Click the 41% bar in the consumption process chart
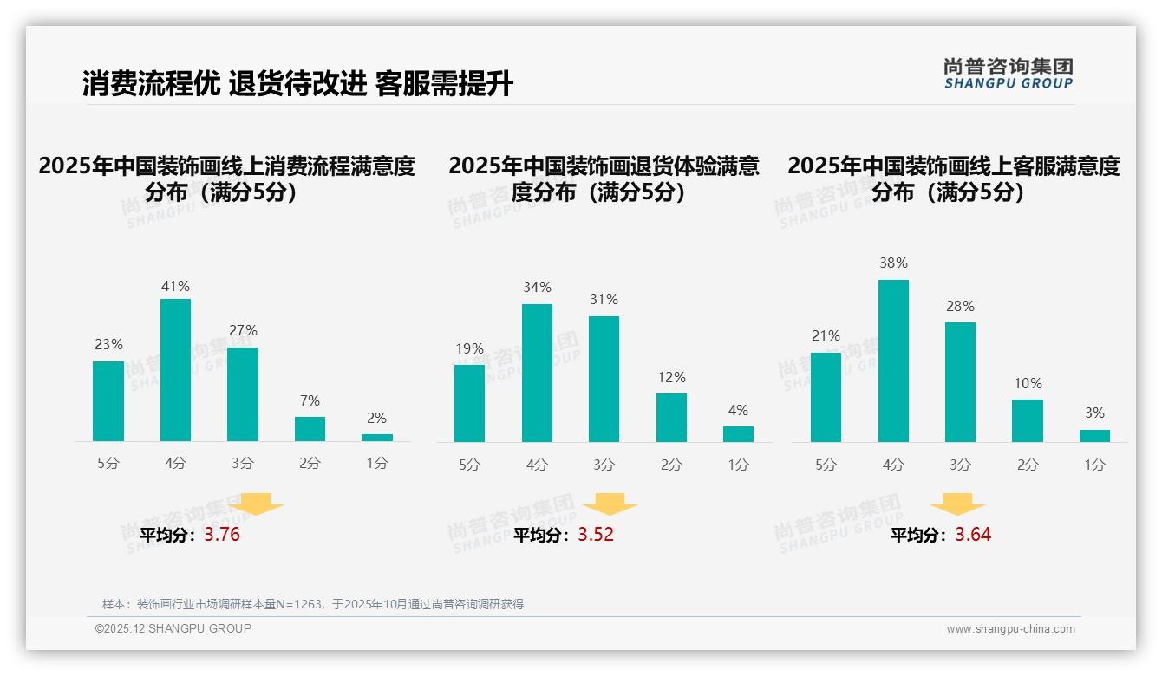click(176, 370)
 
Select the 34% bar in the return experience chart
click(537, 373)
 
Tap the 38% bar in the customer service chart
click(893, 361)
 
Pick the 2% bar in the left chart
click(377, 438)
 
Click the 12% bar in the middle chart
click(671, 418)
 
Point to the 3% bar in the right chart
click(1094, 436)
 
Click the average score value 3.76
click(222, 535)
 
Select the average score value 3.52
click(596, 535)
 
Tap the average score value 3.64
click(973, 535)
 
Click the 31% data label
click(604, 300)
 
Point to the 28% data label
click(960, 307)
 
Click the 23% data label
click(108, 345)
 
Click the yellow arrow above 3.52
click(610, 505)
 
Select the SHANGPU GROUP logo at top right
click(1008, 74)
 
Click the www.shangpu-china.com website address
click(1010, 629)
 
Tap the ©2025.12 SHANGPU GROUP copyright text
click(173, 628)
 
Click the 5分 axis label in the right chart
click(826, 465)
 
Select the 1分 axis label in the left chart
click(377, 464)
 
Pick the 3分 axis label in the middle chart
click(604, 465)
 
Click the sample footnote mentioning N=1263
click(313, 604)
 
